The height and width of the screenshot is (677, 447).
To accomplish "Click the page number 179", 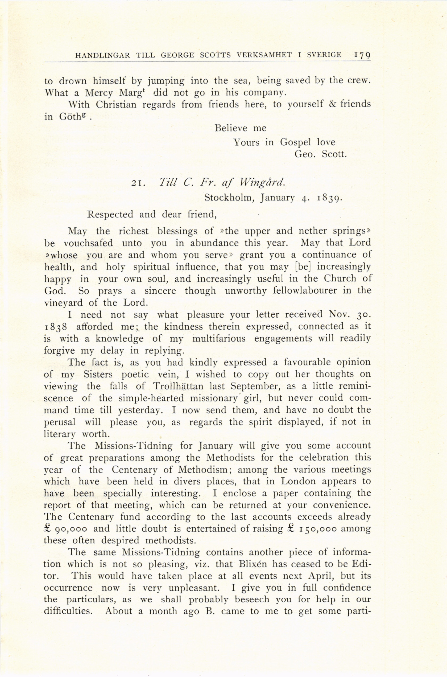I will click(362, 55).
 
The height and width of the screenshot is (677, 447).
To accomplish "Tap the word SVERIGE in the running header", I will click(323, 55).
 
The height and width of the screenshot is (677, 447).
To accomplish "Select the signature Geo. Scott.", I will click(320, 154).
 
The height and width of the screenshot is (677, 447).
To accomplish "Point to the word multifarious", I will click(219, 339).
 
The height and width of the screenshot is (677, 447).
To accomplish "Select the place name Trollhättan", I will click(178, 386).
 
